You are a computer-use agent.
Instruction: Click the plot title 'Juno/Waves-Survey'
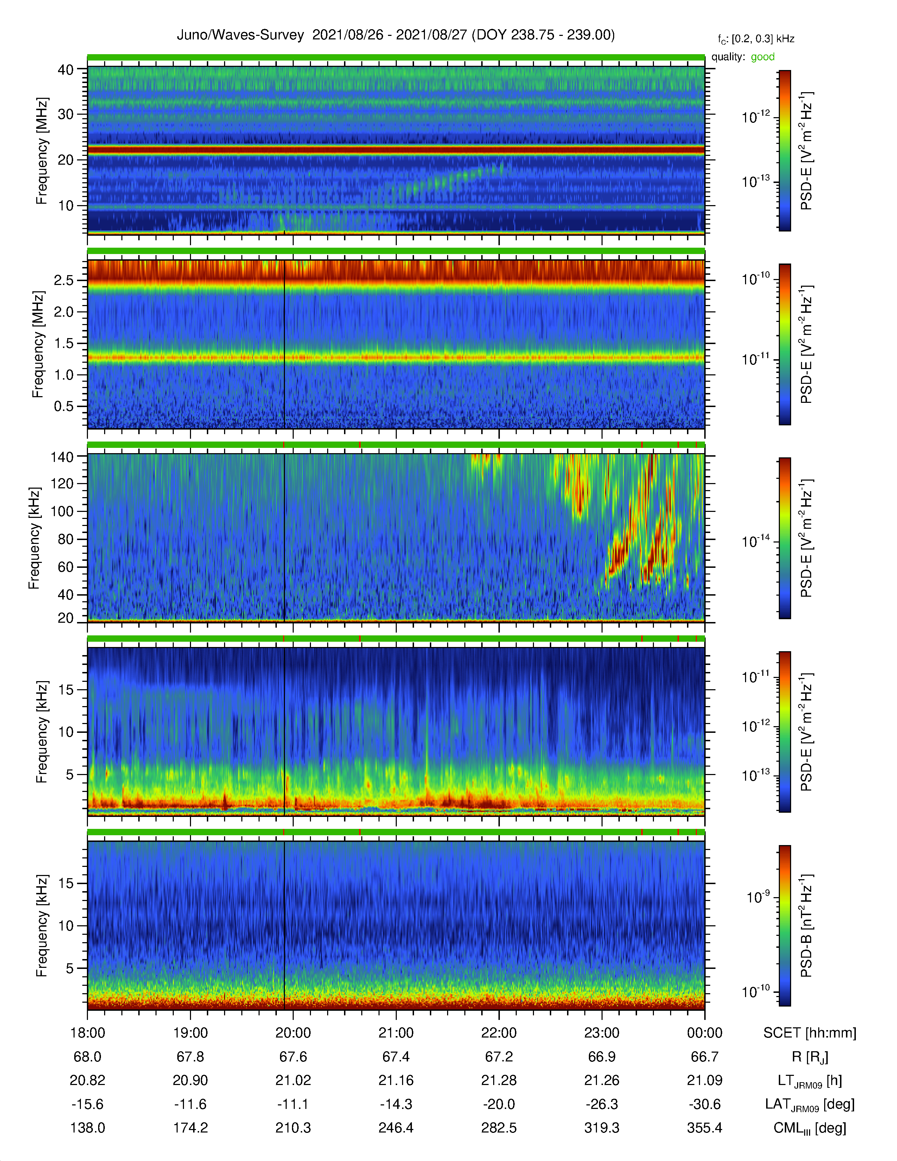(240, 35)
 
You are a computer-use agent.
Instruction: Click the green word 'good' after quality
(763, 57)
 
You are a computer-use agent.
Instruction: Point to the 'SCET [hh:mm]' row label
(810, 1033)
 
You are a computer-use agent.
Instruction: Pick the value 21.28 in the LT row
(499, 1080)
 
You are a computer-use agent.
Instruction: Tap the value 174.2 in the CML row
(190, 1128)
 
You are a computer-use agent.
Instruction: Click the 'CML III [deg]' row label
(810, 1128)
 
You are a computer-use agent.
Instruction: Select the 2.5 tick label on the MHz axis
(64, 280)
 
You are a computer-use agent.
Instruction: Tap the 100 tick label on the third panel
(62, 512)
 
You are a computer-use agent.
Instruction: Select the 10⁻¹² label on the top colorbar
(756, 116)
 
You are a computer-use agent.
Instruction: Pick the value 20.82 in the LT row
(88, 1080)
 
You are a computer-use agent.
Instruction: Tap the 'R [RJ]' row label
(810, 1057)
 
